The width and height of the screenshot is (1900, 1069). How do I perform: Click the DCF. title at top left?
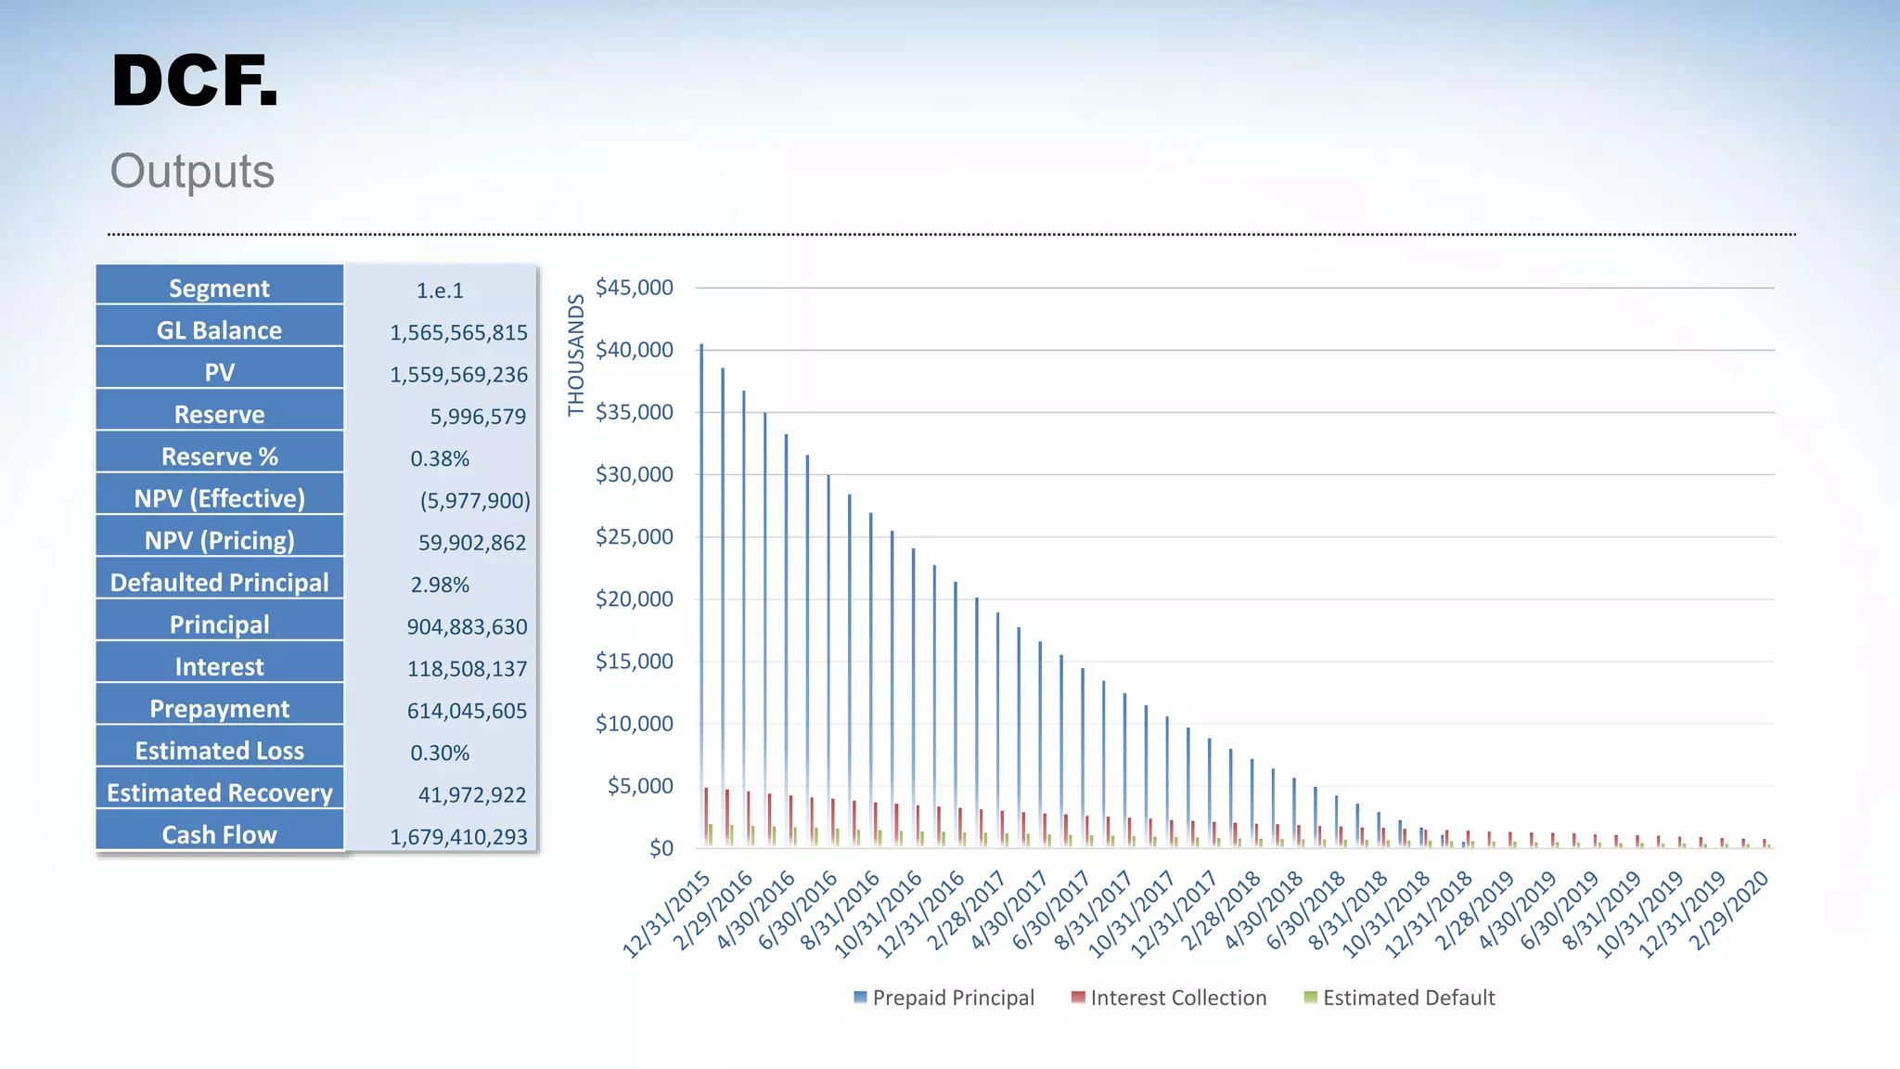pyautogui.click(x=194, y=82)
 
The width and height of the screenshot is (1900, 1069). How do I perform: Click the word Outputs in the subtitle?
pyautogui.click(x=192, y=172)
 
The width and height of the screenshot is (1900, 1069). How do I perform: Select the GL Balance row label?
pyautogui.click(x=219, y=330)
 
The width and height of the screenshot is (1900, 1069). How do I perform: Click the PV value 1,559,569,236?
pyautogui.click(x=458, y=375)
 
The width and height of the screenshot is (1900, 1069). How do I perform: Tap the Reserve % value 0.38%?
pyautogui.click(x=440, y=458)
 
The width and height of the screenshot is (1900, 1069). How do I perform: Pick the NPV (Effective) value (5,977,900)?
pyautogui.click(x=474, y=501)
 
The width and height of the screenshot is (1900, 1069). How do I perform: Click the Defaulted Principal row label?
pyautogui.click(x=219, y=583)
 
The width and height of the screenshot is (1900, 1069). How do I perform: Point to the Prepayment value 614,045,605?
pyautogui.click(x=467, y=711)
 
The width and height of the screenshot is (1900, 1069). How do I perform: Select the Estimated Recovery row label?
pyautogui.click(x=219, y=792)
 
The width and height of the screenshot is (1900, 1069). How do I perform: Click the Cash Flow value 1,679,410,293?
pyautogui.click(x=458, y=837)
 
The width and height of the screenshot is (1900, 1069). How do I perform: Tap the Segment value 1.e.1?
pyautogui.click(x=440, y=290)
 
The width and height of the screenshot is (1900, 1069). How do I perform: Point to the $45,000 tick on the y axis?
pyautogui.click(x=635, y=288)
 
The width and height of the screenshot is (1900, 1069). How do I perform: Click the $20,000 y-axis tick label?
pyautogui.click(x=635, y=599)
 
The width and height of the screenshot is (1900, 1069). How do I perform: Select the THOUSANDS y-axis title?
pyautogui.click(x=576, y=354)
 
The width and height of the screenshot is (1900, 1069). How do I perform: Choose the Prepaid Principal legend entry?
pyautogui.click(x=944, y=998)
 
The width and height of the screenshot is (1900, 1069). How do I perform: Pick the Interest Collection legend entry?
pyautogui.click(x=1169, y=998)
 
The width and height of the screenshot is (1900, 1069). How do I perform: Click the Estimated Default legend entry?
pyautogui.click(x=1400, y=998)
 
